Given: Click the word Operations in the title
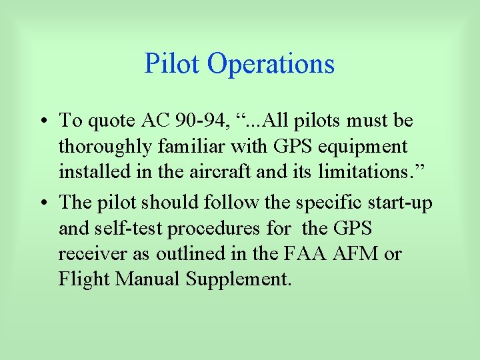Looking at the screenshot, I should pyautogui.click(x=271, y=64).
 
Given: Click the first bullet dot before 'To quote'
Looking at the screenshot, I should pyautogui.click(x=43, y=122).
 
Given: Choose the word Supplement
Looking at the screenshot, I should pyautogui.click(x=239, y=279).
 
